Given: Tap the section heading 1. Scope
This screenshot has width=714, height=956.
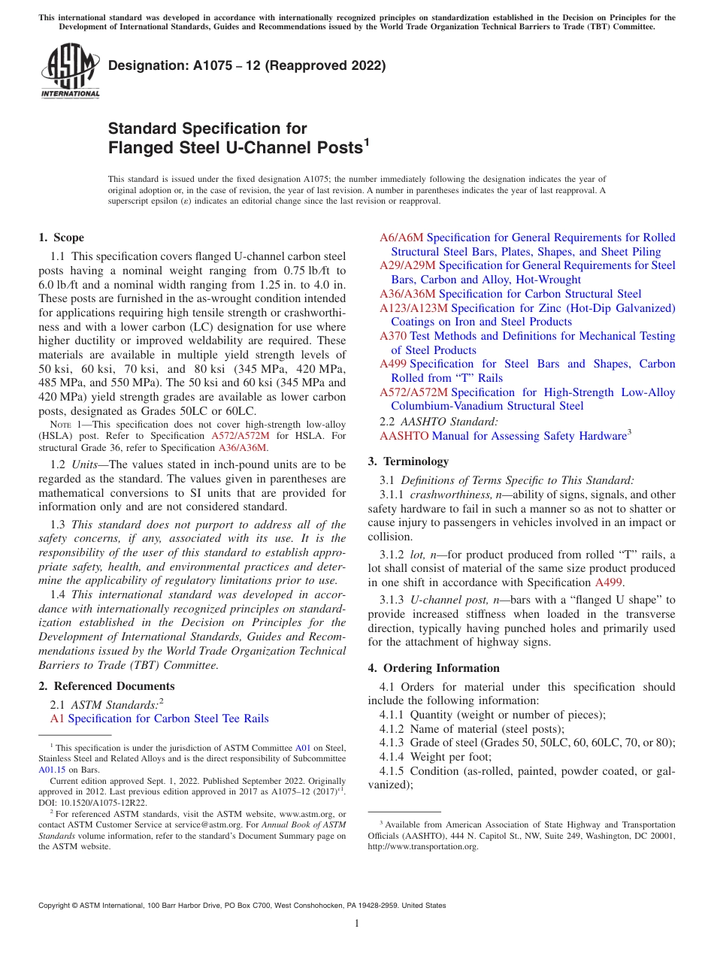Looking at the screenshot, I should (x=61, y=237).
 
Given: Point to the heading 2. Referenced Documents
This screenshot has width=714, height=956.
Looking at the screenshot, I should (x=106, y=686).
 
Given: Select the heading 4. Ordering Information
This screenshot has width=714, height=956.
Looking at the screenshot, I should (x=433, y=668).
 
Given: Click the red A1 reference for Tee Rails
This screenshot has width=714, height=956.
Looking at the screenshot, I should (x=57, y=719).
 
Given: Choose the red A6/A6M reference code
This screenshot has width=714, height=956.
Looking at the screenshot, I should (x=401, y=237).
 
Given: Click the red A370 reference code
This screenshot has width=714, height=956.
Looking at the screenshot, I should (x=393, y=336).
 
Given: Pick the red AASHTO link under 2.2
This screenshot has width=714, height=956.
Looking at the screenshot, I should (x=404, y=436).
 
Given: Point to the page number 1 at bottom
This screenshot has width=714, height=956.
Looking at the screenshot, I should (x=357, y=924).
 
